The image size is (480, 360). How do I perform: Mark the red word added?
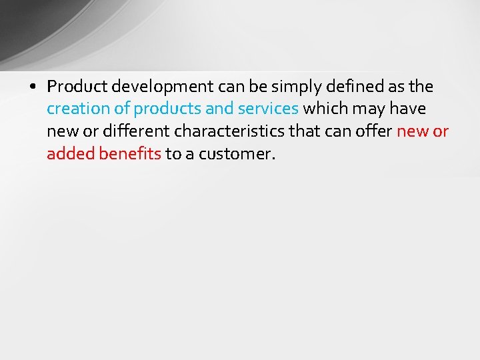[x=71, y=154]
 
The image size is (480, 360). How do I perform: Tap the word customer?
[x=236, y=154]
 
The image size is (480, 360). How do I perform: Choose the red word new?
[x=413, y=131]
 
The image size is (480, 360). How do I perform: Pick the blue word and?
[x=219, y=109]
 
